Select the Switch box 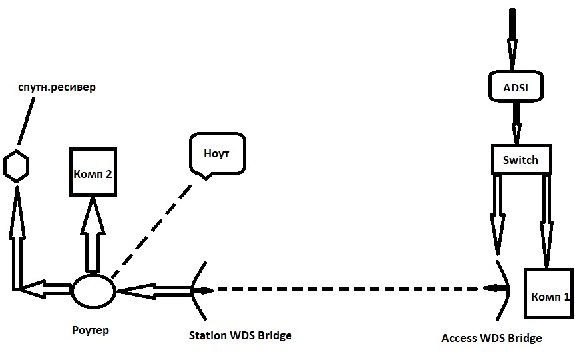[520, 160]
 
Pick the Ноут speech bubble [217, 153]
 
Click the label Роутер [90, 330]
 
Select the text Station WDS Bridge [240, 335]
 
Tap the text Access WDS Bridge [492, 338]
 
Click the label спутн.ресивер [57, 87]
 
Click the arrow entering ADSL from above [512, 40]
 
